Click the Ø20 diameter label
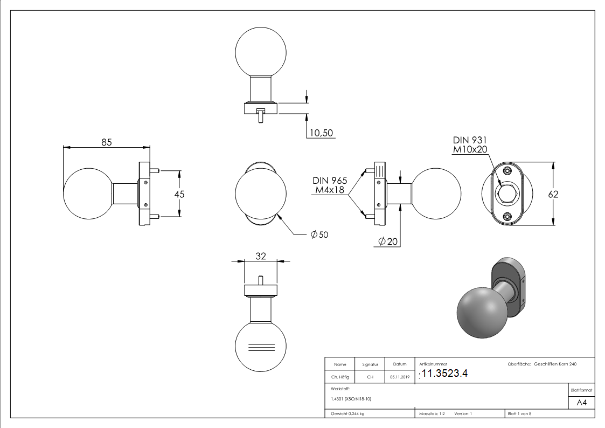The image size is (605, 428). click(x=388, y=241)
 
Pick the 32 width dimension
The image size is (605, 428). click(x=261, y=256)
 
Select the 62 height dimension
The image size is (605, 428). click(x=553, y=194)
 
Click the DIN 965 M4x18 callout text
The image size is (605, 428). click(x=330, y=185)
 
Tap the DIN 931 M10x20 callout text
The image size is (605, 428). click(x=470, y=144)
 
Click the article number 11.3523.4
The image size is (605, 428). click(x=444, y=374)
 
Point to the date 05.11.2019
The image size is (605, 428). click(x=399, y=377)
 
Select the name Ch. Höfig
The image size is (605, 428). click(x=340, y=377)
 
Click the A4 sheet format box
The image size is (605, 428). click(x=581, y=402)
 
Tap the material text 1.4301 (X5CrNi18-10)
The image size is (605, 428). click(x=351, y=399)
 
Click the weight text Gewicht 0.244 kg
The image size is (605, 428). click(x=348, y=414)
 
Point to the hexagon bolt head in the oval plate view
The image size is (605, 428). click(x=507, y=193)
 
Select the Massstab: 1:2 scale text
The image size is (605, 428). click(x=432, y=414)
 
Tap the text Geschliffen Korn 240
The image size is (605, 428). click(x=555, y=364)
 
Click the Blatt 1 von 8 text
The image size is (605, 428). click(x=519, y=414)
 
